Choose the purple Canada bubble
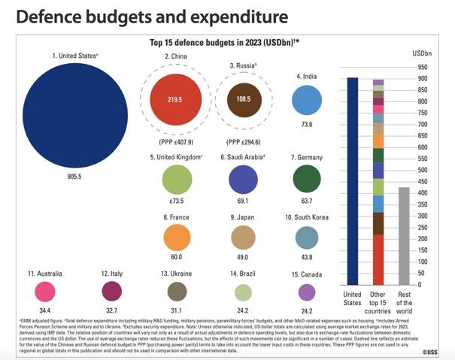coord(307,292)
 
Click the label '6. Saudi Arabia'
coord(243,156)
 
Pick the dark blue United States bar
coord(352,180)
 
